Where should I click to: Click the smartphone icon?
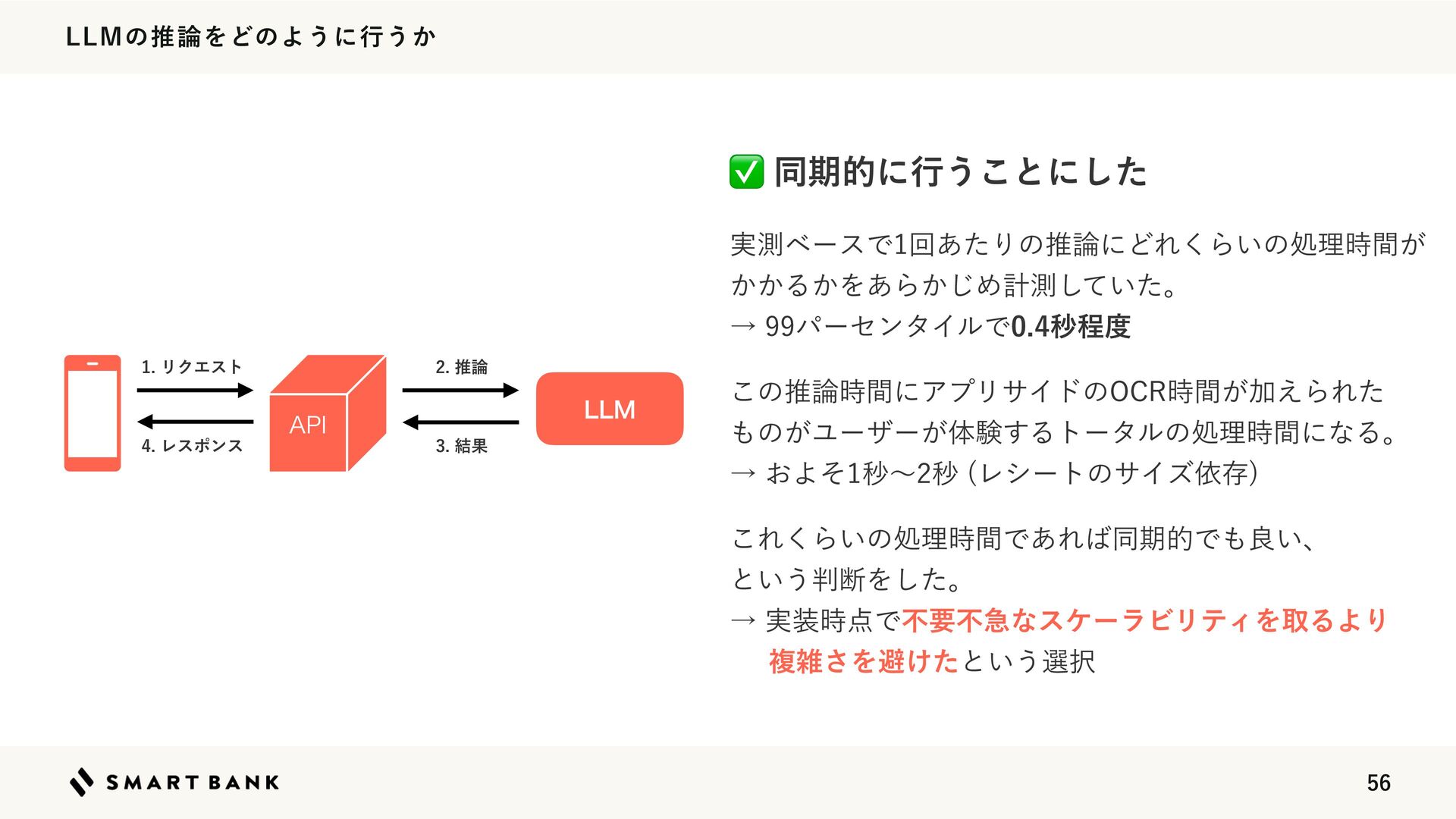[x=93, y=413]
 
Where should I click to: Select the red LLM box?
[x=610, y=409]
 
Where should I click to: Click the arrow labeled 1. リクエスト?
[x=195, y=391]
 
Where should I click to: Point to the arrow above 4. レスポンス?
[x=195, y=422]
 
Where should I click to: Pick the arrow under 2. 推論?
[x=460, y=391]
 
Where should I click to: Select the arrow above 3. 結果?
[x=460, y=422]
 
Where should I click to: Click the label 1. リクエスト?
[x=192, y=367]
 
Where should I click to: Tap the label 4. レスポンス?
[x=192, y=446]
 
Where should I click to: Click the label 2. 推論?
[x=461, y=367]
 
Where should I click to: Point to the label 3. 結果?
[x=461, y=446]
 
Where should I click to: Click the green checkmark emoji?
[x=746, y=171]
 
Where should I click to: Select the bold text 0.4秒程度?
[x=1071, y=327]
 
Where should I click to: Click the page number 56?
[x=1378, y=783]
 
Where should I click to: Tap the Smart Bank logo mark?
[x=81, y=782]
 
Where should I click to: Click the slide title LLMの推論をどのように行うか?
[x=251, y=36]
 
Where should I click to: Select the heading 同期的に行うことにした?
[x=960, y=171]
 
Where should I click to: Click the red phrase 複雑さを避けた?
[x=863, y=661]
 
